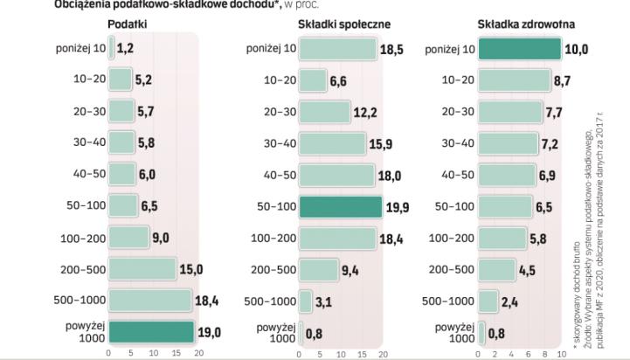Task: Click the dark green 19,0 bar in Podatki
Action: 150,333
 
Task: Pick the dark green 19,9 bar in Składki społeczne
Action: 340,206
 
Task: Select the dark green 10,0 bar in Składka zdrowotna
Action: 519,49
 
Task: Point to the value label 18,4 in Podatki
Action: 206,301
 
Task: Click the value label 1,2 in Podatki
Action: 126,49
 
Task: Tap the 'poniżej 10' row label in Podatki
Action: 76,49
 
